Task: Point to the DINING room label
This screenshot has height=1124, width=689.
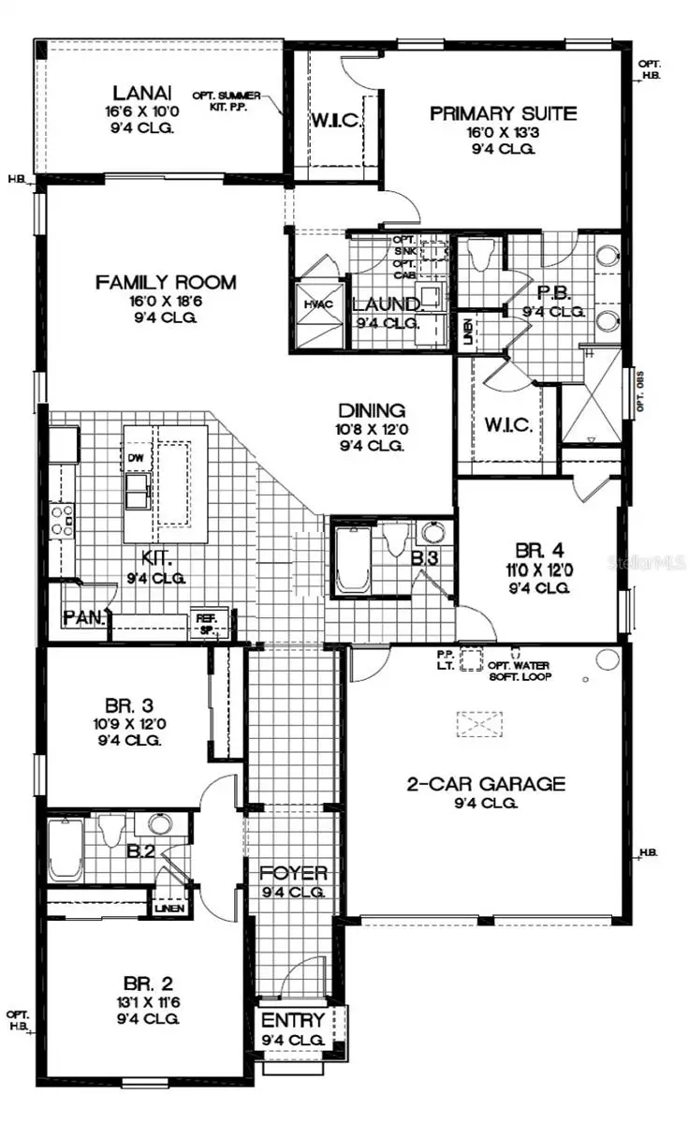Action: point(372,410)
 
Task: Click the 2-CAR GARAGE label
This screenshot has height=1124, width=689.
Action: point(485,784)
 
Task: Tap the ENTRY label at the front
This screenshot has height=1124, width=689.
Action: point(293,1020)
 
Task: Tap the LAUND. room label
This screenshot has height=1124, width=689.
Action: point(386,304)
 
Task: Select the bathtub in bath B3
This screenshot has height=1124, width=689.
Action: point(354,561)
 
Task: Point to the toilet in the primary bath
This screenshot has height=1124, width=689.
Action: point(482,255)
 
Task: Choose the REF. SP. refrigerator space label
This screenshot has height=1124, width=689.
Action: point(206,622)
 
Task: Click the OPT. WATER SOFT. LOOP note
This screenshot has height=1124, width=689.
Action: point(520,670)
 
